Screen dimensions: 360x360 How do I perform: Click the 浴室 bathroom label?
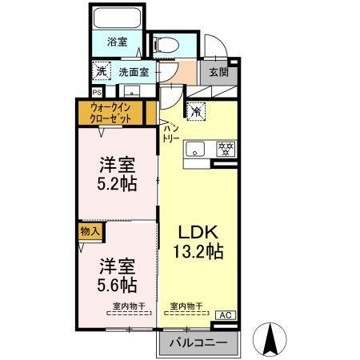[x=118, y=41]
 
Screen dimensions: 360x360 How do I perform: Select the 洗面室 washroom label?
[x=133, y=71]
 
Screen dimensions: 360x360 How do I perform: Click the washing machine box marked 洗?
[x=102, y=70]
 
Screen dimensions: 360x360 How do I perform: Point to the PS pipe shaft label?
[x=98, y=91]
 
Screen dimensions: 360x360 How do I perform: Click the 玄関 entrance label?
[x=218, y=71]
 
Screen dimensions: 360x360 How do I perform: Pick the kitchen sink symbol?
[x=197, y=150]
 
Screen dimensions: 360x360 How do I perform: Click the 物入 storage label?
[x=90, y=231]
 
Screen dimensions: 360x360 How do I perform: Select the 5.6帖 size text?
[x=117, y=285]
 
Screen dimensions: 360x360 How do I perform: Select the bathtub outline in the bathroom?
[x=118, y=20]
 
